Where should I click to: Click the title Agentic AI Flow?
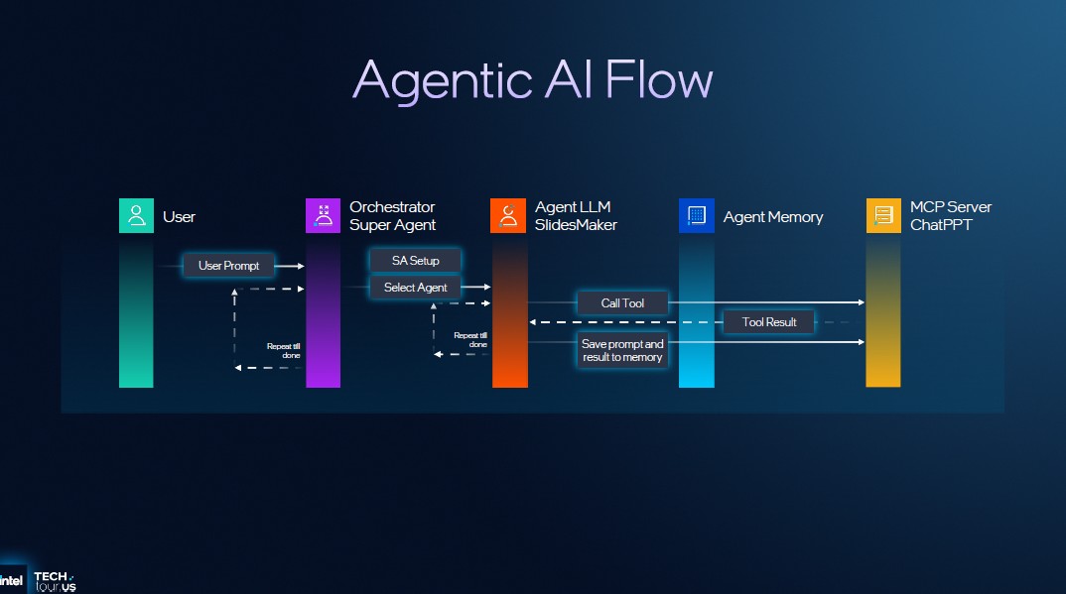[x=532, y=78]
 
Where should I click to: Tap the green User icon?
[x=136, y=216]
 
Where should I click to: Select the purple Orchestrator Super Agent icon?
[x=323, y=216]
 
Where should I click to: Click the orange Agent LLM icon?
[x=508, y=216]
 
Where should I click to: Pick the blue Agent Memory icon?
[x=696, y=216]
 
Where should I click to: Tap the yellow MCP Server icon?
[x=882, y=216]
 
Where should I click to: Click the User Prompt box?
[x=228, y=266]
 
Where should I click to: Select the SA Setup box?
[x=416, y=261]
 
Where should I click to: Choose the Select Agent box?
[x=416, y=288]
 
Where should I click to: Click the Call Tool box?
[x=622, y=302]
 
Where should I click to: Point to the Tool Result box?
[x=769, y=322]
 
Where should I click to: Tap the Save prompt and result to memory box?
[x=622, y=350]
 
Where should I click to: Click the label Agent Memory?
[x=772, y=217]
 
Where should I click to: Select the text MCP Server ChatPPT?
[x=950, y=216]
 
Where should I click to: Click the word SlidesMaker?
[x=576, y=225]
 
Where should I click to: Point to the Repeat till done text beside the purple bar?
[x=283, y=350]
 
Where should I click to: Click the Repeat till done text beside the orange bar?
[x=470, y=339]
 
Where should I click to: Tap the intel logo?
[x=12, y=581]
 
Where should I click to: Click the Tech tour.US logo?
[x=54, y=582]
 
